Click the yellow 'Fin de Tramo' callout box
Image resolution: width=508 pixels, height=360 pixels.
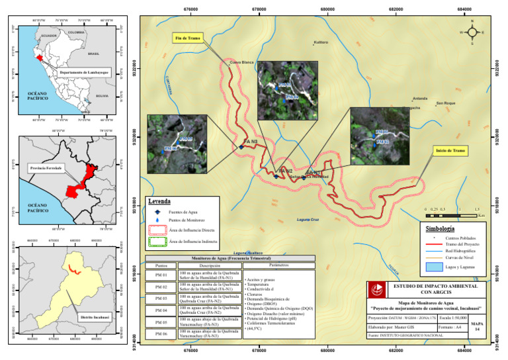pyautogui.click(x=189, y=38)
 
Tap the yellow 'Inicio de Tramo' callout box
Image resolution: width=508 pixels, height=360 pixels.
pyautogui.click(x=451, y=151)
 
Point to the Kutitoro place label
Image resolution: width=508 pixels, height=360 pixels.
pyautogui.click(x=321, y=42)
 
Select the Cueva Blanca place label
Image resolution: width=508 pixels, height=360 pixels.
pyautogui.click(x=241, y=62)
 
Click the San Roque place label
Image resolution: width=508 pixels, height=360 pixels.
pyautogui.click(x=446, y=103)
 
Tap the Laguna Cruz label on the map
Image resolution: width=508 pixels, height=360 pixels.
pyautogui.click(x=308, y=219)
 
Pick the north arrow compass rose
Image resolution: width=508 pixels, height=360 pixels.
pyautogui.click(x=472, y=32)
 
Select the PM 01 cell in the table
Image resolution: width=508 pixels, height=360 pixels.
pyautogui.click(x=161, y=274)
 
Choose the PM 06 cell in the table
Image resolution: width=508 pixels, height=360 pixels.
pyautogui.click(x=161, y=334)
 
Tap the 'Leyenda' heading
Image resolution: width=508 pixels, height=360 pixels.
pyautogui.click(x=160, y=201)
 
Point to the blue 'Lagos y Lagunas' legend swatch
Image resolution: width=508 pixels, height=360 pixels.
pyautogui.click(x=433, y=267)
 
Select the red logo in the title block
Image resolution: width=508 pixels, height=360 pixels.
pyautogui.click(x=378, y=289)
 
